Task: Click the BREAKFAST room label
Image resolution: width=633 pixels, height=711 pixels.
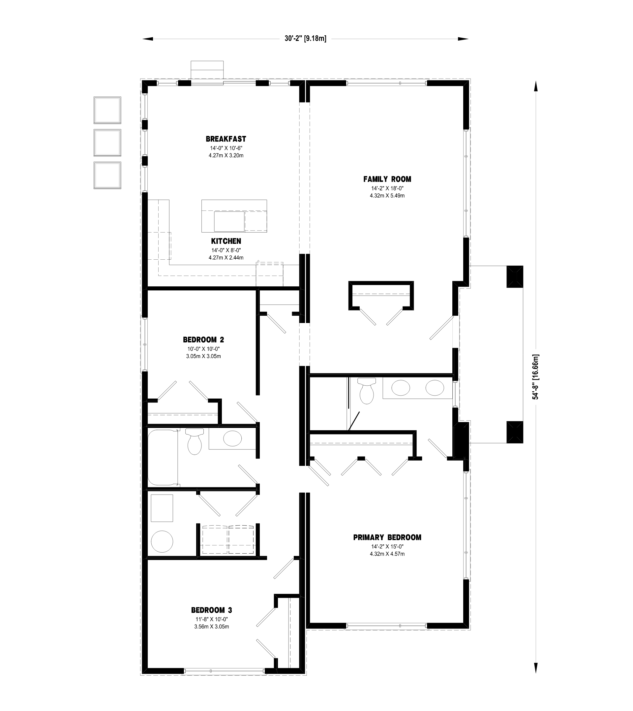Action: click(x=226, y=139)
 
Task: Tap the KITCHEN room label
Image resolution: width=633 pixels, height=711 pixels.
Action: click(x=226, y=241)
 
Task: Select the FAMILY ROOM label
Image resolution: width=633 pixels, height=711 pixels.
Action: click(x=387, y=179)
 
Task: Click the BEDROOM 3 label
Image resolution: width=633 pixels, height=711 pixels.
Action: click(x=211, y=610)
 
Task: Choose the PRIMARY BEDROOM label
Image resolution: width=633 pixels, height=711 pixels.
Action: click(x=387, y=537)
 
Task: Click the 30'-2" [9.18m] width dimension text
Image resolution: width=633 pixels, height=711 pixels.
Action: click(x=305, y=39)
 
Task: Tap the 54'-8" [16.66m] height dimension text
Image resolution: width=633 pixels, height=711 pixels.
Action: click(x=536, y=377)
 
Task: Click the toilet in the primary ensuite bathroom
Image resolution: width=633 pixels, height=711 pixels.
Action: click(x=366, y=391)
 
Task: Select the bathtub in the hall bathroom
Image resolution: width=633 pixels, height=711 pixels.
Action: click(x=163, y=458)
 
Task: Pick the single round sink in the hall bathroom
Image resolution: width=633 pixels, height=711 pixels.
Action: click(x=232, y=438)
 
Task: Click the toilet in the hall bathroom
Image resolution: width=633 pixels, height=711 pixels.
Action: click(x=195, y=442)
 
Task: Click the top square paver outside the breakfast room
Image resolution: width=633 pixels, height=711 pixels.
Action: click(x=107, y=110)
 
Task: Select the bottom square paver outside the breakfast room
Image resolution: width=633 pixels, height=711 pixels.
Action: click(x=107, y=176)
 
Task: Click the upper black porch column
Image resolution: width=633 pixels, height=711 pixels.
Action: click(x=515, y=276)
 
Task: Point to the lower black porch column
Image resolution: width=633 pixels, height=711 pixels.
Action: click(x=515, y=432)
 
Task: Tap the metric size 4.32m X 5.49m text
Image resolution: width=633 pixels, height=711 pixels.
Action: click(x=387, y=196)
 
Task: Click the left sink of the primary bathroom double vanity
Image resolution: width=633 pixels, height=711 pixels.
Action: click(x=401, y=388)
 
